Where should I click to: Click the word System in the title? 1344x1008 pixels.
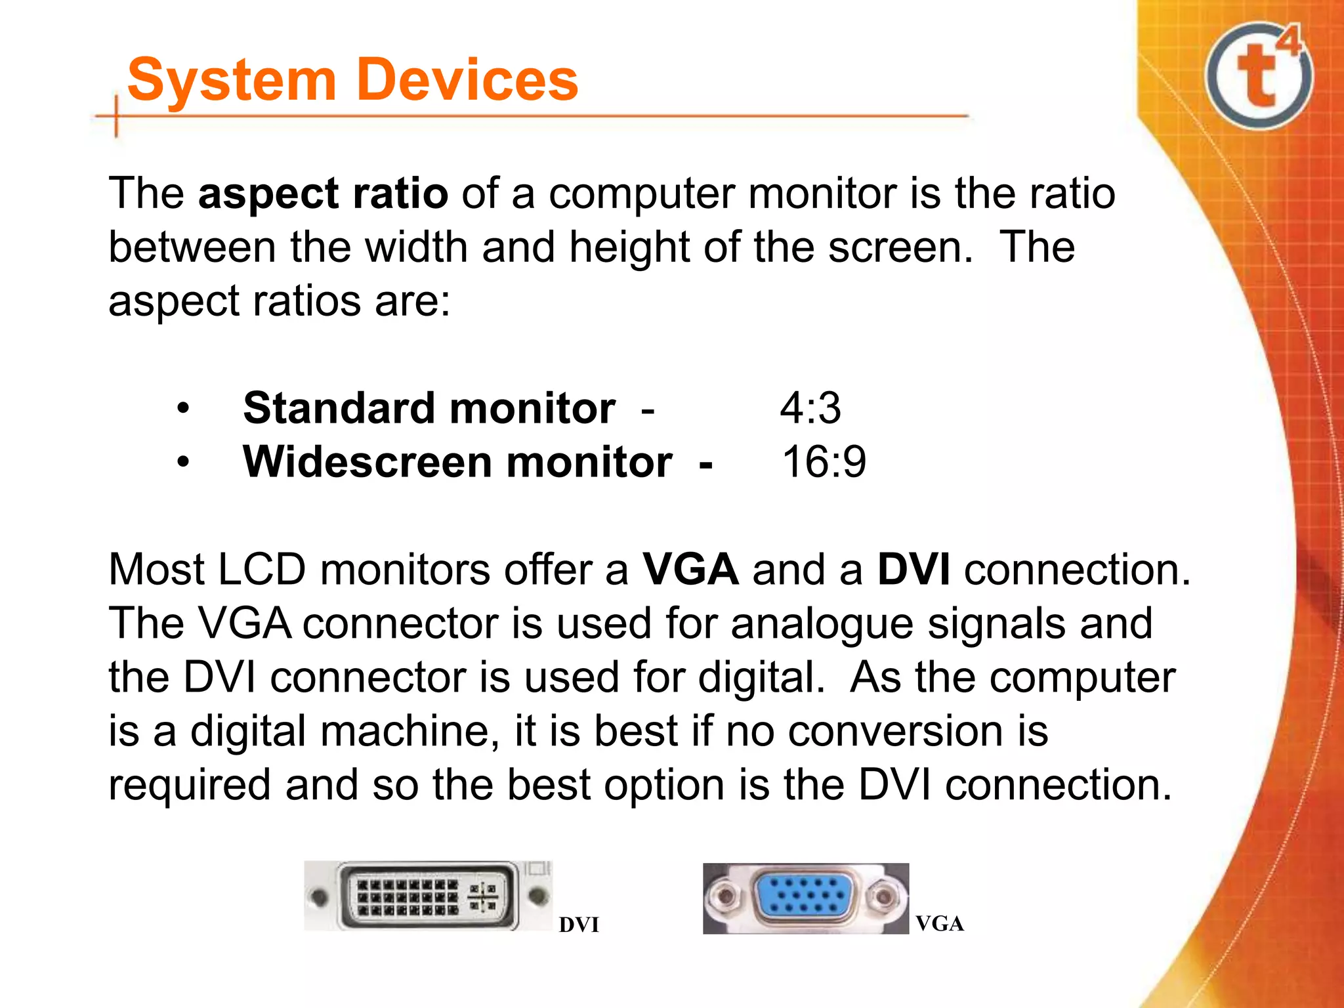[232, 80]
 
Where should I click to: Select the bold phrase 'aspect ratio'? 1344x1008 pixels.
[323, 194]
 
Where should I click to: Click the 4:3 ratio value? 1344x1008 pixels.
[810, 408]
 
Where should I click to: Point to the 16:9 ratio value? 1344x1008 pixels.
[824, 462]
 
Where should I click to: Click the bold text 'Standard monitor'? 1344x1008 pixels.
[429, 408]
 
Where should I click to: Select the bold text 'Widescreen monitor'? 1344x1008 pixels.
[457, 462]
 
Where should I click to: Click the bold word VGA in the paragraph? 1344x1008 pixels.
[690, 569]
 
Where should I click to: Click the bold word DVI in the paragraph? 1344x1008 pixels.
[913, 569]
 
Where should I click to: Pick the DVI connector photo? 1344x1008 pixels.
[428, 896]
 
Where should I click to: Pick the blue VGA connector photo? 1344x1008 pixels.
[805, 898]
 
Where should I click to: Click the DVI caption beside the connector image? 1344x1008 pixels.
[579, 925]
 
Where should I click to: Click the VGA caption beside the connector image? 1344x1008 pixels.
[940, 924]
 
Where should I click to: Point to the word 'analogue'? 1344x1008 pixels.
[822, 624]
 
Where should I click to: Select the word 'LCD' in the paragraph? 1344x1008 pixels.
[261, 569]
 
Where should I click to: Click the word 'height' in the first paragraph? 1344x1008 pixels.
[629, 247]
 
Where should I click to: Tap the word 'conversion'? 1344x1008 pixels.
[895, 731]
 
